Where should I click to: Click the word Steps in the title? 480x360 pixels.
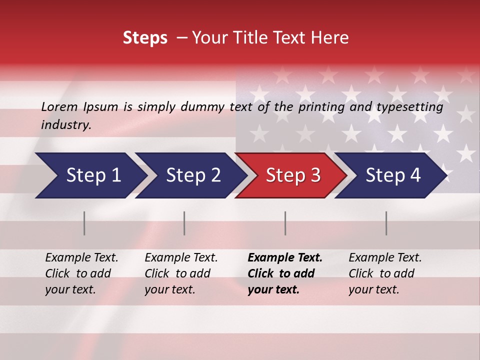point(145,37)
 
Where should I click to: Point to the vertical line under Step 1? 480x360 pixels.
point(84,223)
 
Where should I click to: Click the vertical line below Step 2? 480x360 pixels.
point(184,223)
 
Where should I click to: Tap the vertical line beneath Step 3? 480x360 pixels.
point(285,223)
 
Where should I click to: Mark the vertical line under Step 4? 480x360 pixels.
point(386,223)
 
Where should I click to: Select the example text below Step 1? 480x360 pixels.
point(81,273)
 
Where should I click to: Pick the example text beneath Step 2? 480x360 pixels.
point(181,273)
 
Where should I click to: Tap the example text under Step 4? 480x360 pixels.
point(385,273)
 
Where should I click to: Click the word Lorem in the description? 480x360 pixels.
point(59,106)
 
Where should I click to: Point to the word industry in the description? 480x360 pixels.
point(66,125)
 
